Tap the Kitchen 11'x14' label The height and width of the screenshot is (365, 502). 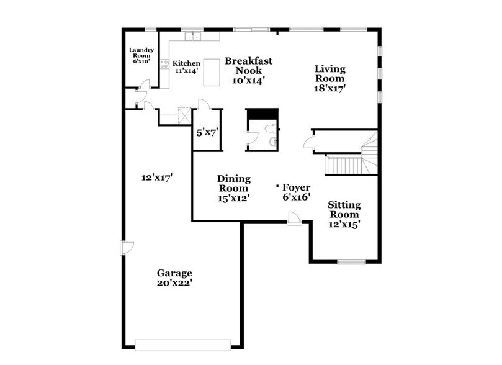(186, 67)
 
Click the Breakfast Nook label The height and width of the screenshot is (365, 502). (249, 70)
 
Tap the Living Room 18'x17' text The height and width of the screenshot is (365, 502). (329, 78)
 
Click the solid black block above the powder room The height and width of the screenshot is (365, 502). (262, 115)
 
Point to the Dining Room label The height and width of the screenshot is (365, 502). (233, 188)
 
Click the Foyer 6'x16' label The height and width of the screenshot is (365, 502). (296, 191)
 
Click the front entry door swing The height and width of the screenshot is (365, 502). (295, 218)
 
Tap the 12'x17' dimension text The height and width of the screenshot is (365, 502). (156, 178)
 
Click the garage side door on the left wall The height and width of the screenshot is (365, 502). (126, 247)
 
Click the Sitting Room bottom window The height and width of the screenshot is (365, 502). (351, 261)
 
